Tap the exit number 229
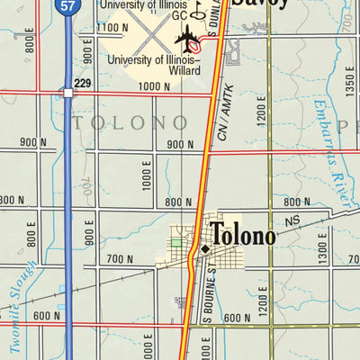pos(84,84)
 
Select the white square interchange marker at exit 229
pos(67,92)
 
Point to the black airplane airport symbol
pos(191,37)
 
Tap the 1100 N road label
pos(112,29)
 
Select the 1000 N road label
pos(154,86)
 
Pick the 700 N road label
pos(120,259)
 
